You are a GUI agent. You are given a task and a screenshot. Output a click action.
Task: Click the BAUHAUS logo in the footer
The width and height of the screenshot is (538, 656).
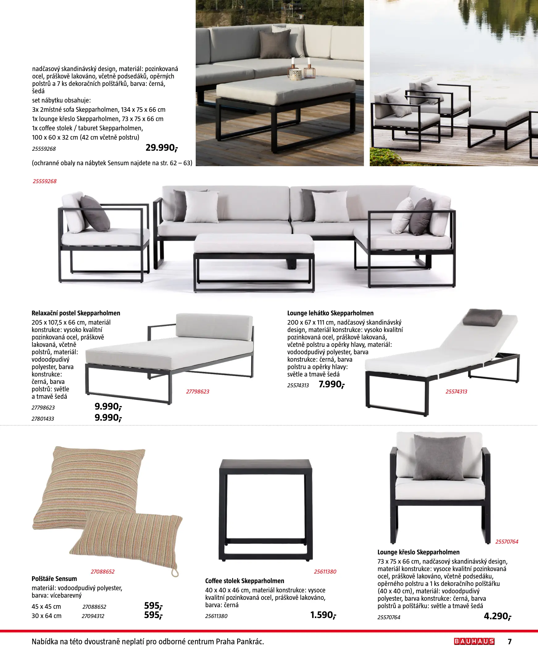tap(474, 641)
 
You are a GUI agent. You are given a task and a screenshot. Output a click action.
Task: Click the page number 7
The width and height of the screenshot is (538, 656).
tap(510, 641)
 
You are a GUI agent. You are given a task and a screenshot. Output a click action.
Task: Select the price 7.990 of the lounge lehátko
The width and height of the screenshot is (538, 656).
tap(331, 385)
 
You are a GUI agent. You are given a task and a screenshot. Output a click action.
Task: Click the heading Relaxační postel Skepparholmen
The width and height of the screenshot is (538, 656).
tap(76, 313)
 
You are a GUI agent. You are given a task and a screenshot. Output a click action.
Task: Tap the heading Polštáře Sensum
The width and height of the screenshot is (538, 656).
tap(54, 578)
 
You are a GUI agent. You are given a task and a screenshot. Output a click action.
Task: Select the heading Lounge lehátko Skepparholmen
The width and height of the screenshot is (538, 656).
tap(330, 313)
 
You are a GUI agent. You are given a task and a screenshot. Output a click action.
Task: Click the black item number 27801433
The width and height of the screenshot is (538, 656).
tap(43, 419)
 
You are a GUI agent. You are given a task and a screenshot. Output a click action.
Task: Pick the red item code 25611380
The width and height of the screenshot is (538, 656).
tap(325, 571)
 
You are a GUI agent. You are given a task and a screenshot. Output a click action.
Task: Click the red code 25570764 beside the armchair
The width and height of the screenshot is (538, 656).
tap(507, 542)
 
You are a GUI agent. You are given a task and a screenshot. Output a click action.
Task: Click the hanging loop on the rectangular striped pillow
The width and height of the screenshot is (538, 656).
tap(175, 572)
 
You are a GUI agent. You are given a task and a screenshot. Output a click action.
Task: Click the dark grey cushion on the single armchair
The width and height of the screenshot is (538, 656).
tap(439, 458)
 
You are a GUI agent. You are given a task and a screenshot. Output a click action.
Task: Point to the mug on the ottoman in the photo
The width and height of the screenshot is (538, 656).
tap(295, 74)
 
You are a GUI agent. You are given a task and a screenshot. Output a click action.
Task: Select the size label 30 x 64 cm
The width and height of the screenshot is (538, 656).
tap(47, 616)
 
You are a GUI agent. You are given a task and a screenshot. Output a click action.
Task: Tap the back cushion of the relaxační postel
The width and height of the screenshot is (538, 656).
tap(214, 327)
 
